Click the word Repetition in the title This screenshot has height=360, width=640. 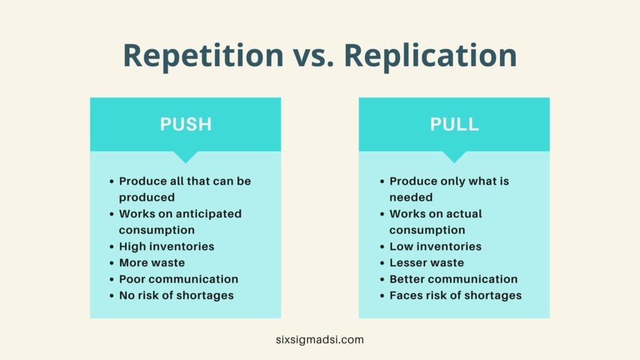click(203, 56)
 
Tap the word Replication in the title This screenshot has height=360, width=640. click(431, 55)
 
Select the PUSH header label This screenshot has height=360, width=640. click(186, 124)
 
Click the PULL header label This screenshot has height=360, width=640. click(454, 124)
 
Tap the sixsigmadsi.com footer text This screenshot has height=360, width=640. click(319, 339)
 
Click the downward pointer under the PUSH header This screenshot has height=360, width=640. click(186, 157)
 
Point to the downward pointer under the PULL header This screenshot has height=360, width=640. click(454, 157)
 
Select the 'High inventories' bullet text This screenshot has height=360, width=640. click(166, 246)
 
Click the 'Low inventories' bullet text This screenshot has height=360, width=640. click(436, 246)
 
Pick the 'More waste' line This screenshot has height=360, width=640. click(152, 263)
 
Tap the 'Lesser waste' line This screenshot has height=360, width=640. click(426, 263)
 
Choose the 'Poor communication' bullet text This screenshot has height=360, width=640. click(179, 279)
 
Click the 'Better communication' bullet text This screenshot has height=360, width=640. click(454, 279)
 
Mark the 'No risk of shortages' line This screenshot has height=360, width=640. click(176, 296)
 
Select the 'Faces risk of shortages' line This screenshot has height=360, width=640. click(456, 296)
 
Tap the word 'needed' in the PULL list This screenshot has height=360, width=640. click(411, 197)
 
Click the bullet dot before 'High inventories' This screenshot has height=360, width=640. click(112, 247)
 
